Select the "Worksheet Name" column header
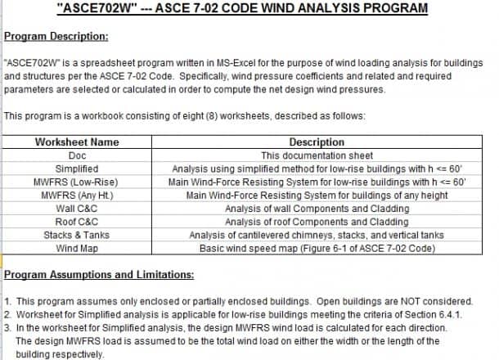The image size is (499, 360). click(x=77, y=142)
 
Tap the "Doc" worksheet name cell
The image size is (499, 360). click(x=77, y=155)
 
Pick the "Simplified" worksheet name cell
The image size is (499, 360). click(x=77, y=169)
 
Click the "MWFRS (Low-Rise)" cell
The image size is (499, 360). click(x=77, y=182)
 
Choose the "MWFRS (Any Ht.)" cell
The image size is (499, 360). click(x=77, y=195)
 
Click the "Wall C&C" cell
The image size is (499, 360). click(x=77, y=208)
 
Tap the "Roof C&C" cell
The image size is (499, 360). click(x=77, y=221)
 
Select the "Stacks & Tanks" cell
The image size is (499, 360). click(x=77, y=234)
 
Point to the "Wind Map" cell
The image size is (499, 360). click(x=77, y=247)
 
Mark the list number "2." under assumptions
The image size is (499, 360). click(x=7, y=315)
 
